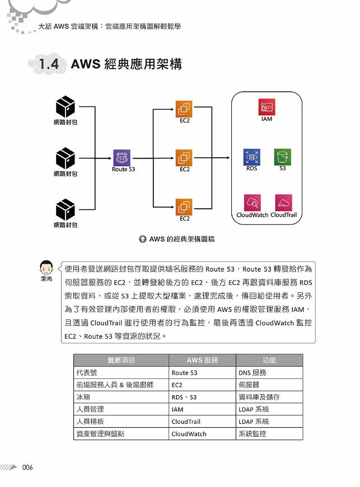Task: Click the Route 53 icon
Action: click(x=121, y=158)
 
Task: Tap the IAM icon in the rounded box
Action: click(x=267, y=107)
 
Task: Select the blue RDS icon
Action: click(x=251, y=157)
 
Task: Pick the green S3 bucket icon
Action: click(x=282, y=157)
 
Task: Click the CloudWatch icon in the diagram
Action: click(x=252, y=203)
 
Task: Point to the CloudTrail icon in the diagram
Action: click(x=284, y=203)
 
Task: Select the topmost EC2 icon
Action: click(x=184, y=109)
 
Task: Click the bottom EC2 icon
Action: click(x=184, y=207)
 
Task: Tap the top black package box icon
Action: click(x=66, y=106)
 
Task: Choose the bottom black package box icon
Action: click(x=66, y=210)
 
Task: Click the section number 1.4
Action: click(x=49, y=64)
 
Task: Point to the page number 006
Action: click(x=27, y=467)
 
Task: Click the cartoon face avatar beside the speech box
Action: click(x=46, y=267)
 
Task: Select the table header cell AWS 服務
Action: click(x=202, y=360)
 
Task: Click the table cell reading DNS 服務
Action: click(x=269, y=373)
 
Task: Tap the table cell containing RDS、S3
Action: click(x=202, y=397)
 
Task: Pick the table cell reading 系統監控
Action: click(x=269, y=434)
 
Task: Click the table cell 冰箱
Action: click(x=121, y=397)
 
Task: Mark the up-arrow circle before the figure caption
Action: click(x=143, y=239)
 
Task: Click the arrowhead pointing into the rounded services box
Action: click(x=228, y=158)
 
